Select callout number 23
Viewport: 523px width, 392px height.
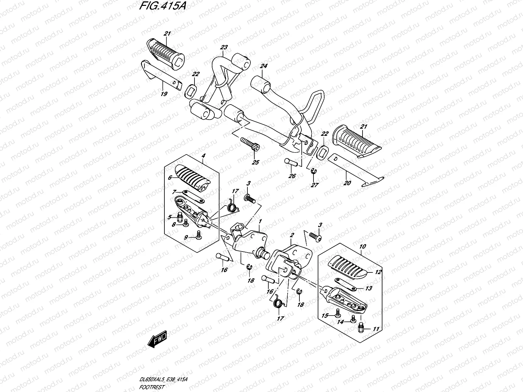click(x=224, y=47)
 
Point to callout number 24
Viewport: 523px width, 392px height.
click(x=263, y=66)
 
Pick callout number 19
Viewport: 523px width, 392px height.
click(x=164, y=94)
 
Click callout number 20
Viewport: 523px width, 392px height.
click(x=347, y=183)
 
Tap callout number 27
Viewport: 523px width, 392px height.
click(x=314, y=185)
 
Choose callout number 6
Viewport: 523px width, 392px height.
click(x=170, y=178)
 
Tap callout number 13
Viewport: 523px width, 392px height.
click(x=368, y=288)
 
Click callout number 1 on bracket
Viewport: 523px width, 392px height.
click(x=260, y=221)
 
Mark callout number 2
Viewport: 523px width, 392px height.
click(x=292, y=235)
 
